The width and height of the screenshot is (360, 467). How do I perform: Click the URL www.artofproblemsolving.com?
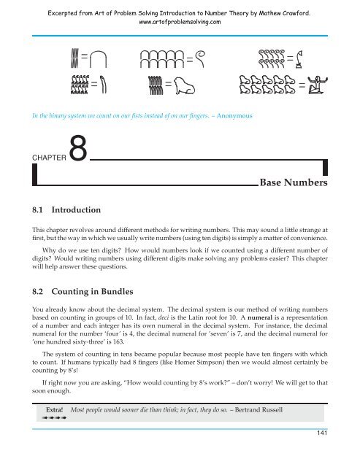pos(180,22)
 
